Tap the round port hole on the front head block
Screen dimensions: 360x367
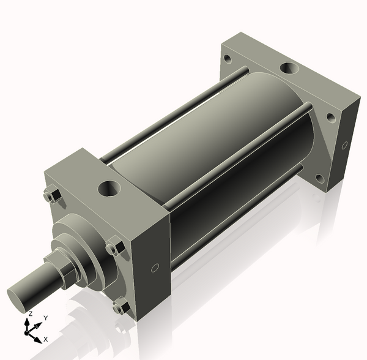click(111, 188)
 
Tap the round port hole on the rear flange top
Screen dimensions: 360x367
click(288, 68)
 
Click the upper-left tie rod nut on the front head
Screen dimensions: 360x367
click(51, 196)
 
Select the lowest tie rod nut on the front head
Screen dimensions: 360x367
click(121, 306)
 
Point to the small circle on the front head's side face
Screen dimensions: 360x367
click(155, 268)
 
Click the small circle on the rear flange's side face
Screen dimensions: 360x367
click(344, 146)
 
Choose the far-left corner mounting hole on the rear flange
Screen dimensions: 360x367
click(228, 59)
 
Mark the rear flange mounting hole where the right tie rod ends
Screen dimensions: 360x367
click(330, 117)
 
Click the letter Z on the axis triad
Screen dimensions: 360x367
click(30, 313)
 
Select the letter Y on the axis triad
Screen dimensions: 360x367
click(46, 318)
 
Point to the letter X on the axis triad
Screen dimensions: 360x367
click(46, 339)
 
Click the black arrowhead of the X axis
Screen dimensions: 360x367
click(39, 335)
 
